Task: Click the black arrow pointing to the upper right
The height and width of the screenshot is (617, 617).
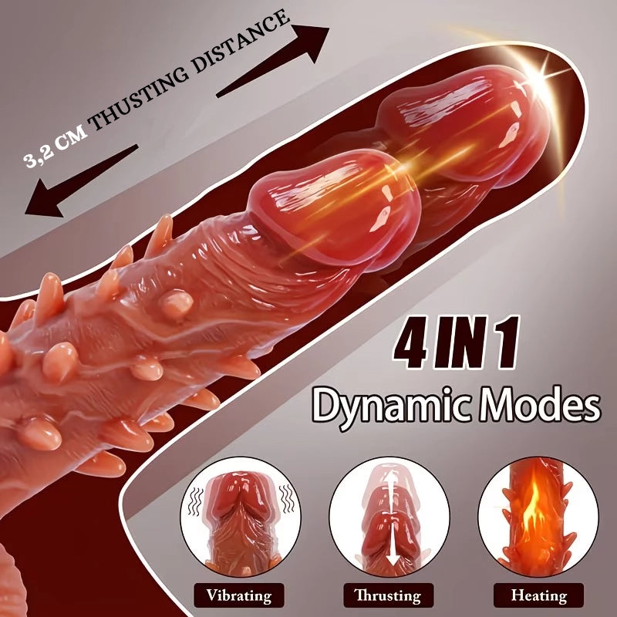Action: pyautogui.click(x=273, y=61)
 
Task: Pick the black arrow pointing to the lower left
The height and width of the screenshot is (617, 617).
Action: pyautogui.click(x=82, y=180)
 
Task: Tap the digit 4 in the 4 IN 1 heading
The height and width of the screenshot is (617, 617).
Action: pyautogui.click(x=410, y=342)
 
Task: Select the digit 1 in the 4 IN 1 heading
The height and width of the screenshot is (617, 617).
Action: pyautogui.click(x=507, y=342)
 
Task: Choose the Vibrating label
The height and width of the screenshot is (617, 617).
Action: pyautogui.click(x=239, y=595)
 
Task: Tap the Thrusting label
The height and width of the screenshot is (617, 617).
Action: pyautogui.click(x=388, y=595)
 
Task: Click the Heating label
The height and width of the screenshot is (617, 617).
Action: pyautogui.click(x=538, y=595)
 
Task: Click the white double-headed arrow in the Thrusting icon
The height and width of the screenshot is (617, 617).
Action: pyautogui.click(x=391, y=518)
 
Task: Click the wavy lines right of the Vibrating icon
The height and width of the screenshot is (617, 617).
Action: pyautogui.click(x=287, y=498)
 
